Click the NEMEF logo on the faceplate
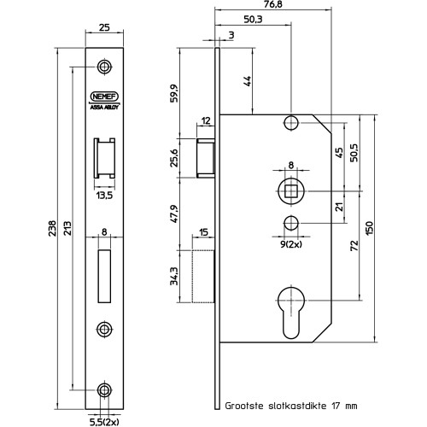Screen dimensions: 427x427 [x=104, y=97]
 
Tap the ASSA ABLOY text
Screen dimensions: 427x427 [x=104, y=108]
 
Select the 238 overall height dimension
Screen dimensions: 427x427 [x=52, y=228]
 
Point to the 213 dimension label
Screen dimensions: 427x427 [x=67, y=228]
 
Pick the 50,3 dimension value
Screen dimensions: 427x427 [x=253, y=20]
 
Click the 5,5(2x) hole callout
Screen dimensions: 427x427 [x=104, y=422]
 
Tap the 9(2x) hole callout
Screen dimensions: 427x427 [x=291, y=244]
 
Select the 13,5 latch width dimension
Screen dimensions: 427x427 [x=104, y=196]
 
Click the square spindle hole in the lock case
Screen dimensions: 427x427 [x=291, y=191]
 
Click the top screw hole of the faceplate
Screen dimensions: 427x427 [x=104, y=67]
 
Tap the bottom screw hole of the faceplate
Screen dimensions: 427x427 [x=104, y=390]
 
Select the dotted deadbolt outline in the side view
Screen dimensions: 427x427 [x=203, y=276]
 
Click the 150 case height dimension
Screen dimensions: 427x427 [x=369, y=228]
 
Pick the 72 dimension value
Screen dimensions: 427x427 [x=354, y=246]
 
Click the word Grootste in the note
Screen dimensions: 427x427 [x=244, y=406]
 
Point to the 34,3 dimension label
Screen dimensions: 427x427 [x=174, y=276]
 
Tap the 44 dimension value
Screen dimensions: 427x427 [x=247, y=81]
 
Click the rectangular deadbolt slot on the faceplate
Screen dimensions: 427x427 [x=104, y=276]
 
